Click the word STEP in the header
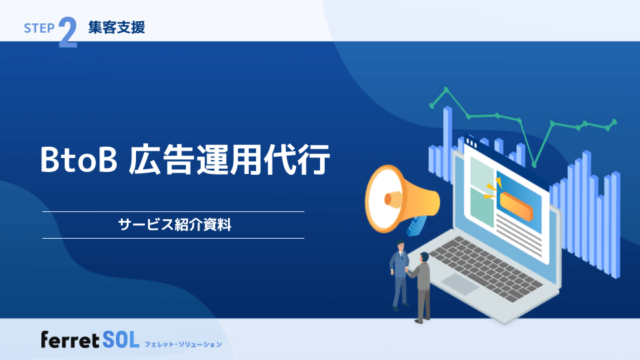(x=39, y=29)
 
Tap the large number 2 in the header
(x=67, y=33)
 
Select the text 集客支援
(x=116, y=27)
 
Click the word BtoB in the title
(x=79, y=161)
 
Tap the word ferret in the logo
(x=70, y=341)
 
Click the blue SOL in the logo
(x=121, y=341)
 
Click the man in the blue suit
(x=400, y=273)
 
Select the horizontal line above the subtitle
(x=173, y=211)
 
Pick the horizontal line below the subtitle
(x=173, y=238)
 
